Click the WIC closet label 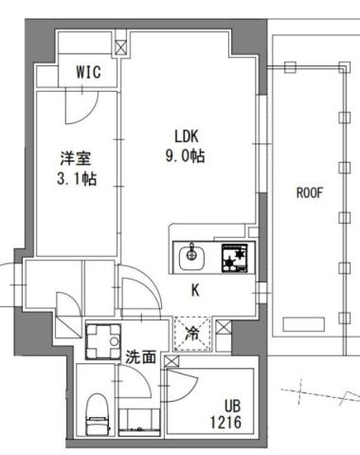[88, 72]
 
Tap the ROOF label [310, 191]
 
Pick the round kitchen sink [192, 254]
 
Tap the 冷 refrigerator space [190, 333]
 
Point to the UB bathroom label [230, 402]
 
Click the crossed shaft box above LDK [121, 44]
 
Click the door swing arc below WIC [79, 107]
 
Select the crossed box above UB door [171, 362]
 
